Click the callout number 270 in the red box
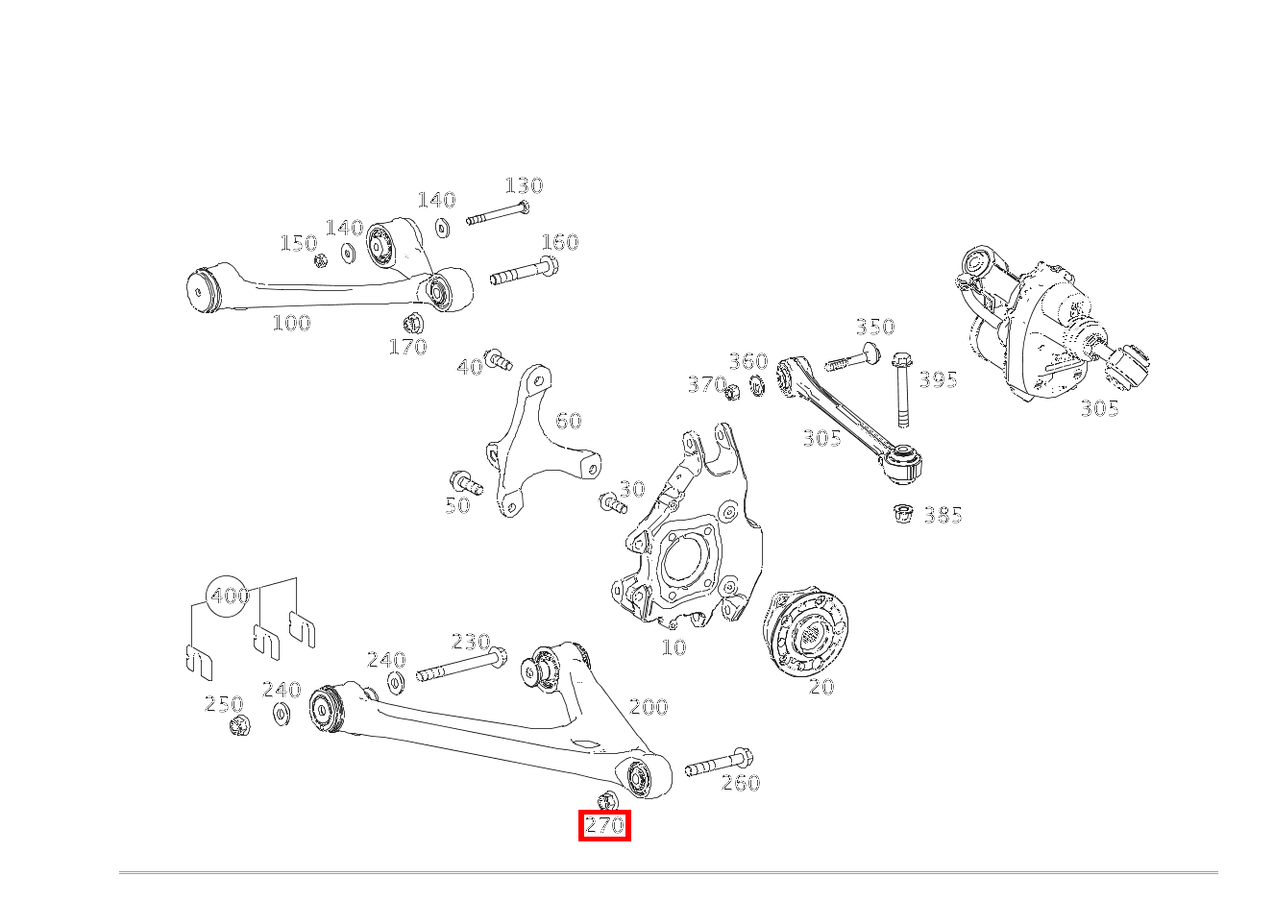pyautogui.click(x=604, y=825)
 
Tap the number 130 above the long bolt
pyautogui.click(x=524, y=185)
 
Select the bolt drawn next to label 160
pyautogui.click(x=525, y=272)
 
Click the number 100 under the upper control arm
pyautogui.click(x=291, y=323)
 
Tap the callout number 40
pyautogui.click(x=470, y=367)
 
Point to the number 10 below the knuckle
pyautogui.click(x=674, y=647)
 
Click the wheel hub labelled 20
pyautogui.click(x=805, y=632)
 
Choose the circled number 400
pyautogui.click(x=230, y=596)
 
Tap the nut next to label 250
pyautogui.click(x=239, y=725)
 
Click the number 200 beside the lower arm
pyautogui.click(x=648, y=707)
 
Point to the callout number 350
pyautogui.click(x=874, y=327)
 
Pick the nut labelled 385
pyautogui.click(x=902, y=514)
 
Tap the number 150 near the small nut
pyautogui.click(x=298, y=243)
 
